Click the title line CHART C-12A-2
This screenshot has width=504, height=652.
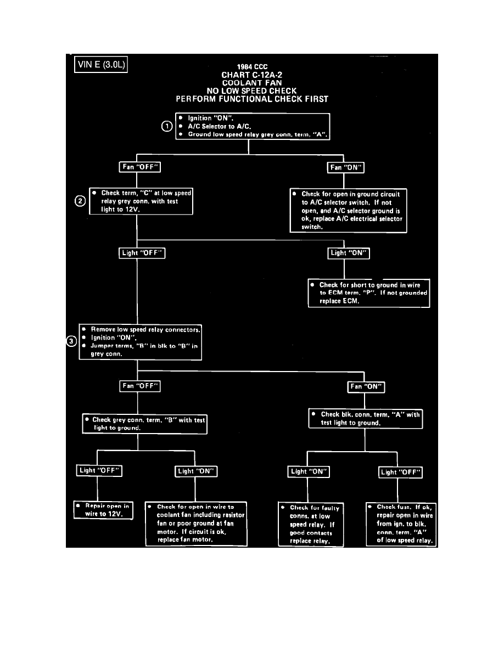251,75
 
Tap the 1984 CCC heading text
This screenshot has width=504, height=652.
252,66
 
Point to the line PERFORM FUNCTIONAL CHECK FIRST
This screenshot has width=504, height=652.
251,99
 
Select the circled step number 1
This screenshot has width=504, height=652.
166,126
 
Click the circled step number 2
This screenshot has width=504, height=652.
80,201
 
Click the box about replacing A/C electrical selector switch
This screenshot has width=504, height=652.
349,210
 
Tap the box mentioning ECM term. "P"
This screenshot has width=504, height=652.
368,293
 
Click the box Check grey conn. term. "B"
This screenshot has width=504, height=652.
144,423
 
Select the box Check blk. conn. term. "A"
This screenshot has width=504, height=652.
366,419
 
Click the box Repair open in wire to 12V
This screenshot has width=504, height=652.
103,510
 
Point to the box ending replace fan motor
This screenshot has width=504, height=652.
196,523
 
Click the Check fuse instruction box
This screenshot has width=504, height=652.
401,524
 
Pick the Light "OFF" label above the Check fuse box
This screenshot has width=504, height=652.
401,471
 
